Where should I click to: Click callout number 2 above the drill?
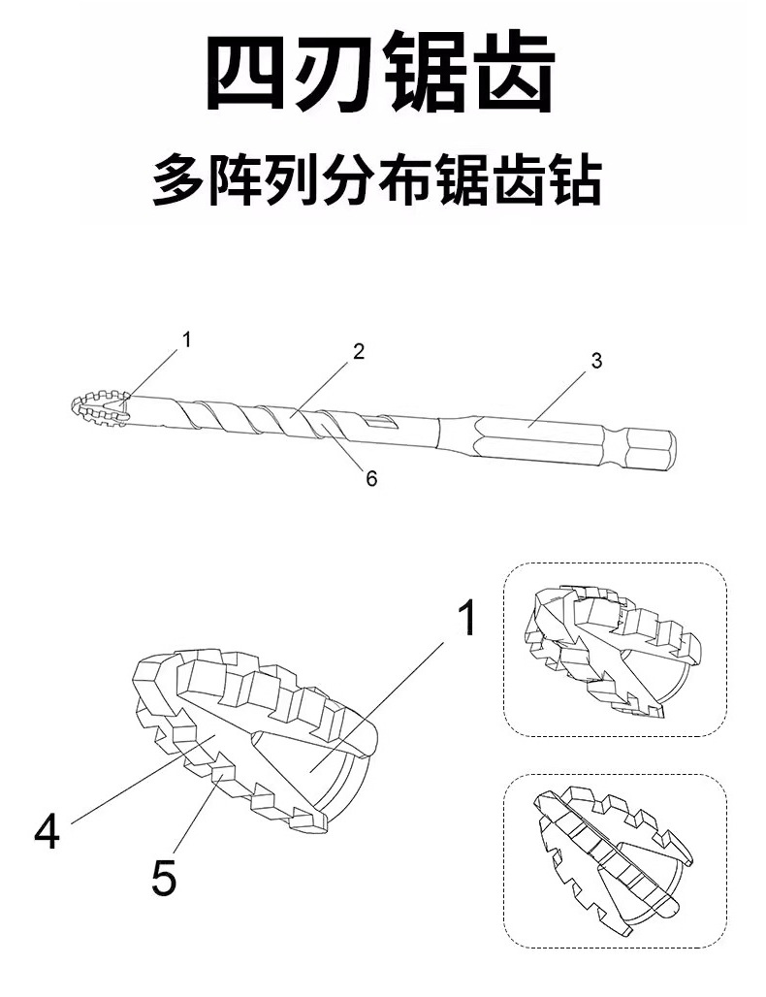click(x=358, y=352)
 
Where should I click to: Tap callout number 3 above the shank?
click(x=596, y=361)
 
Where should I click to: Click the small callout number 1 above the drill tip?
click(x=188, y=339)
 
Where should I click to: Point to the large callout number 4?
click(x=47, y=831)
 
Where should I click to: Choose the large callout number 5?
click(x=164, y=878)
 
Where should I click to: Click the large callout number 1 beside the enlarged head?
click(x=467, y=618)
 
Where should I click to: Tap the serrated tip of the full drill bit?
click(x=99, y=408)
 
